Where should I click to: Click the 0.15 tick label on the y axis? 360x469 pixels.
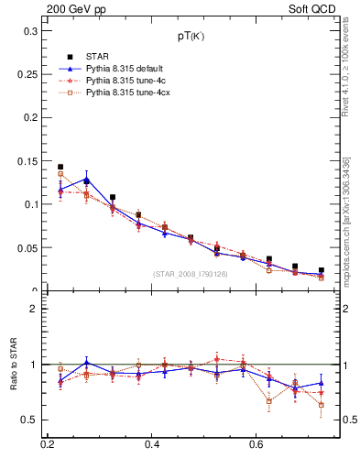tap(27, 161)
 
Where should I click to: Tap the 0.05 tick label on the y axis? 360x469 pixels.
tap(27, 248)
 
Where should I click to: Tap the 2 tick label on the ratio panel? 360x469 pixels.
tap(33, 309)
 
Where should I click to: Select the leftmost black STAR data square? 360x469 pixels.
tap(60, 167)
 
